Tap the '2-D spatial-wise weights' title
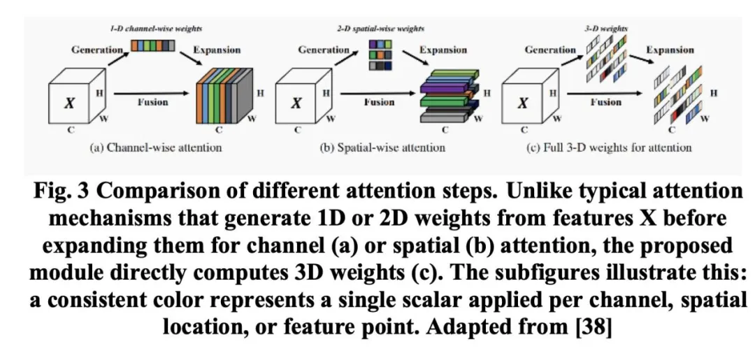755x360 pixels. click(x=380, y=29)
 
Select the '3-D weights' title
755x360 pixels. click(x=606, y=29)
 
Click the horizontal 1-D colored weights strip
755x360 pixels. click(x=152, y=45)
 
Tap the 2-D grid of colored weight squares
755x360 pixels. click(x=380, y=55)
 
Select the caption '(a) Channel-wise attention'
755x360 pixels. click(x=156, y=147)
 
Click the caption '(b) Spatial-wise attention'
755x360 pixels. click(x=383, y=147)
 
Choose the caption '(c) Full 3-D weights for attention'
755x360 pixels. click(x=609, y=147)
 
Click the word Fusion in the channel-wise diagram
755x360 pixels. click(x=152, y=102)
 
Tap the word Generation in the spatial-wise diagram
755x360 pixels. click(x=324, y=50)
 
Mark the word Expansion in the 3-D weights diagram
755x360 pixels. click(x=670, y=50)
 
